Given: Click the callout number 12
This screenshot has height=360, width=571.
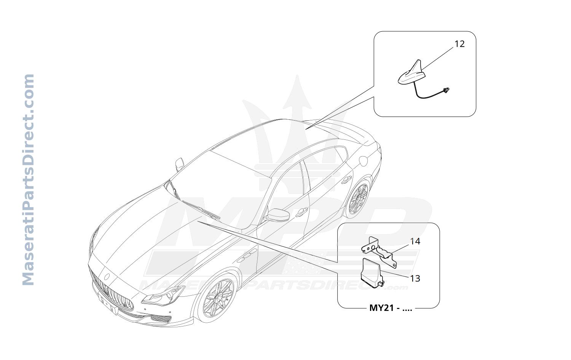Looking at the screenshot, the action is (x=459, y=44).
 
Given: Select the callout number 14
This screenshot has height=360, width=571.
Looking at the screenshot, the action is (x=415, y=241).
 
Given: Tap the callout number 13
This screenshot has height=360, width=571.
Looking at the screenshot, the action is (x=415, y=278).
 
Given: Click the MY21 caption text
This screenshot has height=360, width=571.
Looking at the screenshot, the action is (x=391, y=308).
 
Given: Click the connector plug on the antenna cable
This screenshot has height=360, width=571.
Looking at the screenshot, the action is (x=446, y=90).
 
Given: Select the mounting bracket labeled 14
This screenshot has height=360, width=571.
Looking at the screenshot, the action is (x=379, y=251).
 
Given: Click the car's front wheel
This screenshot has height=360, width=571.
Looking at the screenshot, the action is (x=219, y=298).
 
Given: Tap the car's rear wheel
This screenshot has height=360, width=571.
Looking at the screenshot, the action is (x=358, y=198).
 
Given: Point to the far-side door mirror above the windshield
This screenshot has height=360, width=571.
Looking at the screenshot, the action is (x=180, y=164).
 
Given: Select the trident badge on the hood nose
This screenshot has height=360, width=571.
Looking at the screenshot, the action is (x=107, y=277).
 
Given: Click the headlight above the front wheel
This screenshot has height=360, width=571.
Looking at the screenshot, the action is (x=163, y=296).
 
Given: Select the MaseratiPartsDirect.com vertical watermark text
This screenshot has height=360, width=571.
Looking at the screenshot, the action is (x=28, y=179).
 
